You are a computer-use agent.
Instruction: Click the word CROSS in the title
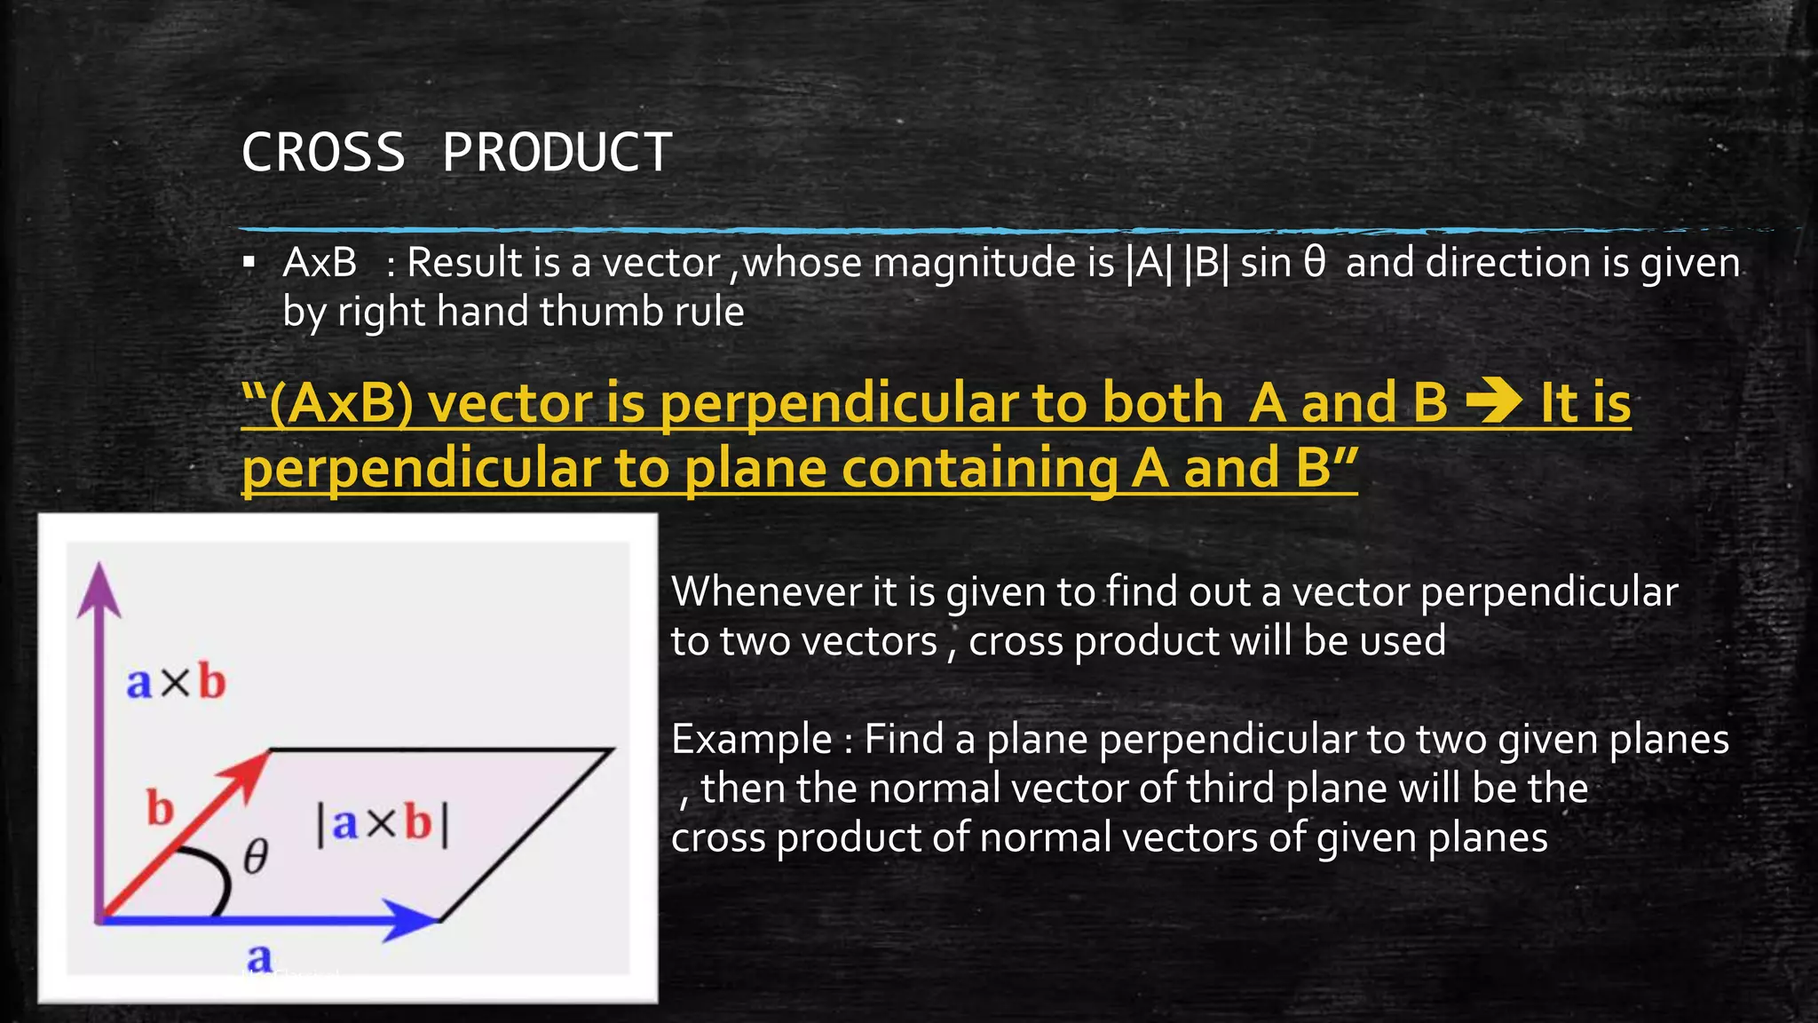tap(323, 153)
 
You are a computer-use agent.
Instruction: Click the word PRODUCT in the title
tap(557, 153)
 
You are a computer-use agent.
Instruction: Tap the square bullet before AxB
tap(249, 263)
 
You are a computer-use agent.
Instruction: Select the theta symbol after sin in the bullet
tap(1315, 263)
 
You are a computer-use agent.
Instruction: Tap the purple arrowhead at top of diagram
tap(99, 590)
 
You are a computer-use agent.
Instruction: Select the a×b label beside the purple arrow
tap(176, 682)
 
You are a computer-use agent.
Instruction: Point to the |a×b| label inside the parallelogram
tap(383, 824)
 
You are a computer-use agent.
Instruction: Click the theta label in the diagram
tap(256, 857)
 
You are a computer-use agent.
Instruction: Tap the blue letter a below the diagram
tap(259, 957)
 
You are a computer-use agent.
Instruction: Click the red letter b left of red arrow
tap(160, 809)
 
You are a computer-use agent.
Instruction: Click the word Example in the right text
tap(751, 740)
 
